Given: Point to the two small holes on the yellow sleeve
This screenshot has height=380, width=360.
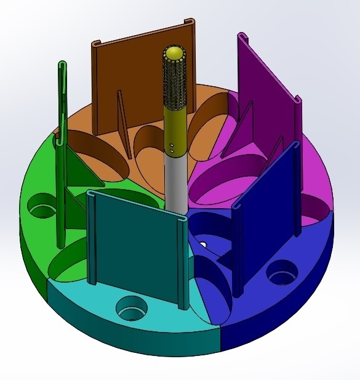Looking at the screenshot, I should tap(174, 147).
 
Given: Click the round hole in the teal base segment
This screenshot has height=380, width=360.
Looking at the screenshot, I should tap(132, 307).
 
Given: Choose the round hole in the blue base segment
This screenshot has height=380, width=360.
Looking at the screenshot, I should tap(282, 272).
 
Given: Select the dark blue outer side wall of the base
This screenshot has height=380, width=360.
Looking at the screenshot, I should tap(277, 320).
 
